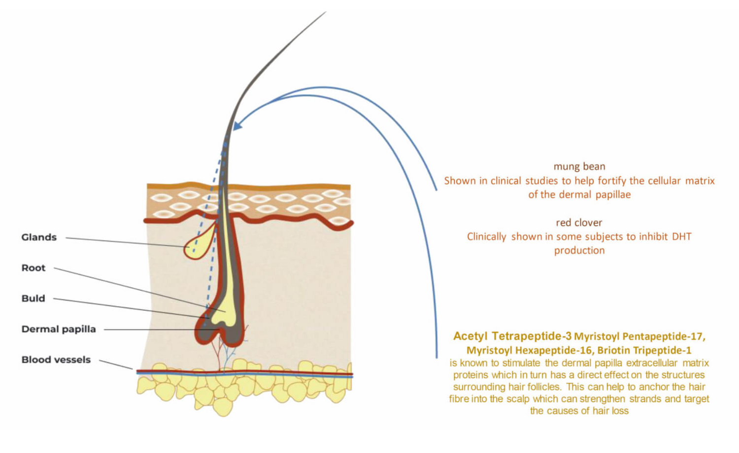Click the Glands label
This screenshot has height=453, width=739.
[x=39, y=237]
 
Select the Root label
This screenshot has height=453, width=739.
[x=34, y=268]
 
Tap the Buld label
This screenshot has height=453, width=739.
[x=33, y=299]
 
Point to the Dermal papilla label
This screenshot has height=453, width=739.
[x=59, y=329]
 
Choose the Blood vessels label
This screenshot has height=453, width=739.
[x=56, y=360]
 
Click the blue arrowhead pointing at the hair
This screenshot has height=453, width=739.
[x=237, y=125]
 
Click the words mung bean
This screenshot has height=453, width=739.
[x=579, y=167]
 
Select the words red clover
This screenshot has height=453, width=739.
[x=579, y=223]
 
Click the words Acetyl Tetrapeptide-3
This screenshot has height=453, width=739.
[x=512, y=336]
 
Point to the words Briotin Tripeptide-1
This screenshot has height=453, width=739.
[x=644, y=350]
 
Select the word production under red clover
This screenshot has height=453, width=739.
[x=579, y=251]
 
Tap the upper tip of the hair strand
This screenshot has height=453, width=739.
[x=326, y=12]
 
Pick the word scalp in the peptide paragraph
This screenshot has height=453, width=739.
[x=519, y=399]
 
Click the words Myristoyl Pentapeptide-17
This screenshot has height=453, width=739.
[x=639, y=337]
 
